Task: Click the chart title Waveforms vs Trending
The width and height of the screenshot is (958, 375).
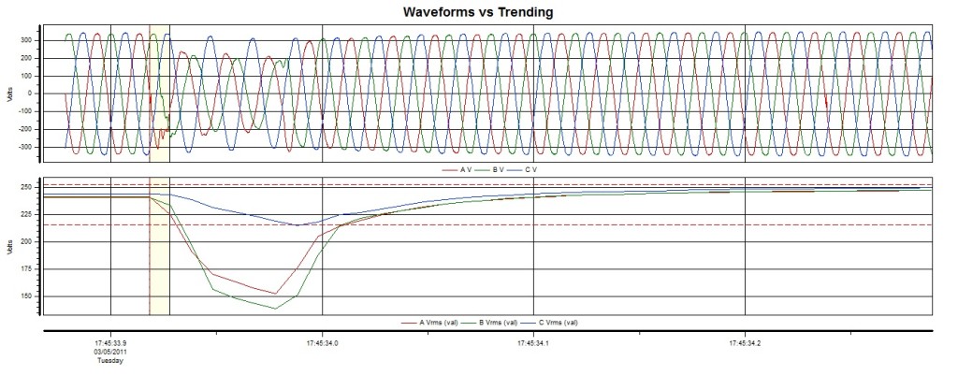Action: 477,12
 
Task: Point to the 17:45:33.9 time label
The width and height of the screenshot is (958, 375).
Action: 110,343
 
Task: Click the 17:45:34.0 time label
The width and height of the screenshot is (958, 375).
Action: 322,343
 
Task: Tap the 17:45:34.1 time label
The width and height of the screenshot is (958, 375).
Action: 533,343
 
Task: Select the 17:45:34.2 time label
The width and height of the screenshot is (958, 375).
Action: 745,343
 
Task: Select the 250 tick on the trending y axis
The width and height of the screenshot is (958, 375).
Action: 27,188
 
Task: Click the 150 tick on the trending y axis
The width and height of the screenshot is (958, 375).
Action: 27,296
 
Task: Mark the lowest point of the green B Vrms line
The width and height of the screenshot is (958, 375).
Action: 275,309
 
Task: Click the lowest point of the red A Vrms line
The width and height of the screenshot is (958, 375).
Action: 275,294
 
